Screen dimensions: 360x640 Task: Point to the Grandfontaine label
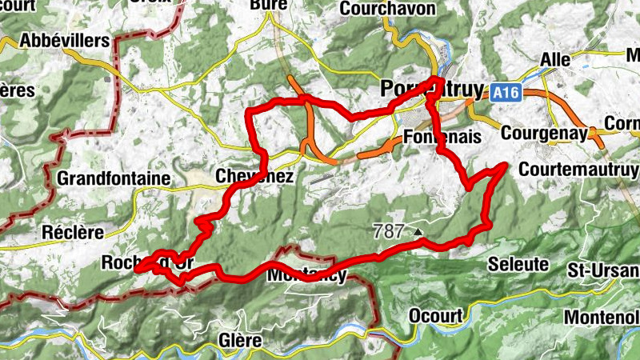pos(114,178)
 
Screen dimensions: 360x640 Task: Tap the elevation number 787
pos(389,231)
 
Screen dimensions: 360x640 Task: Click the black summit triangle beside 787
pos(417,232)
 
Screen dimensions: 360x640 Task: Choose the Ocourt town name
pos(435,316)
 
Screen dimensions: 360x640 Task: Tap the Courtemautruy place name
pos(579,170)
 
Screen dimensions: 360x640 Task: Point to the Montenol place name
pos(602,317)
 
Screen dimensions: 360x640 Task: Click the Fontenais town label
pos(443,137)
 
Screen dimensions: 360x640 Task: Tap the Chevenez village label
pos(255,176)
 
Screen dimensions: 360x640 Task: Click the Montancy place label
pos(307,275)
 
